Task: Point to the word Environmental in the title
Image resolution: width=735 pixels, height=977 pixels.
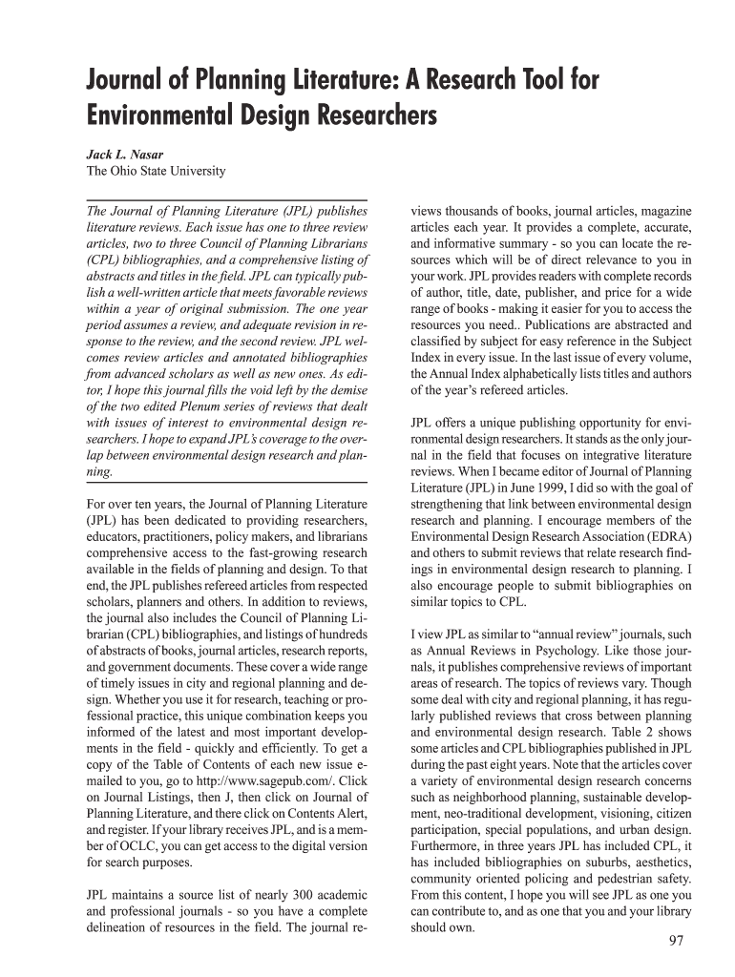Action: [x=164, y=117]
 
